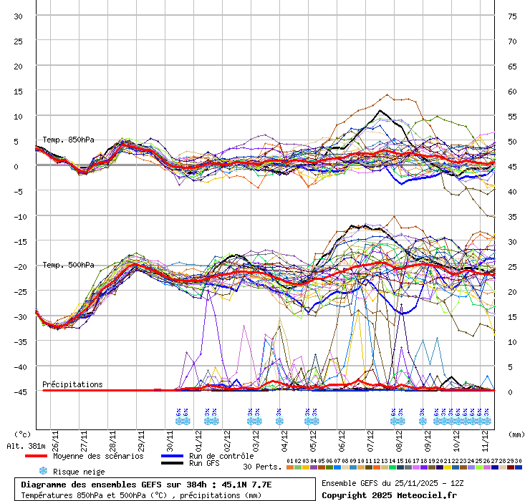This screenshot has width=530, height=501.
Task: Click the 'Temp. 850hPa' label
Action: point(68,140)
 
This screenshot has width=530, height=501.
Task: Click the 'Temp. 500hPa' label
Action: point(68,265)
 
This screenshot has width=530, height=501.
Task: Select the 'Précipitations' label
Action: point(72,384)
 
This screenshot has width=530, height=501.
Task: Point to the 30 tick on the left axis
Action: point(18,16)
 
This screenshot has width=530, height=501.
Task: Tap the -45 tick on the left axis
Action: point(18,391)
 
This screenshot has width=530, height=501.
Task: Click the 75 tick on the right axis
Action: point(512,16)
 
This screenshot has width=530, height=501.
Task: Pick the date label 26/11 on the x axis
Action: point(55,437)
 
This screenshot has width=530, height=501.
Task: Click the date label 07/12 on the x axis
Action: point(370,437)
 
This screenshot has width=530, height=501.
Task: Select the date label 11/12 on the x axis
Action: point(485,437)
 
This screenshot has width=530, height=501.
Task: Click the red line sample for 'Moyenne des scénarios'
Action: point(36,456)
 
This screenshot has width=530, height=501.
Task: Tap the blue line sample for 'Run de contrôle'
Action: point(172,456)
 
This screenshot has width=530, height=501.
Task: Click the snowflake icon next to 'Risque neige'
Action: point(43,471)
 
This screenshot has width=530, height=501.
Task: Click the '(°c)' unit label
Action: point(22,434)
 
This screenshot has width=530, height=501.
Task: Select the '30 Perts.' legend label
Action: point(262,467)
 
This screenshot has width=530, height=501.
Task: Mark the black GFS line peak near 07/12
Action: point(380,110)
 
